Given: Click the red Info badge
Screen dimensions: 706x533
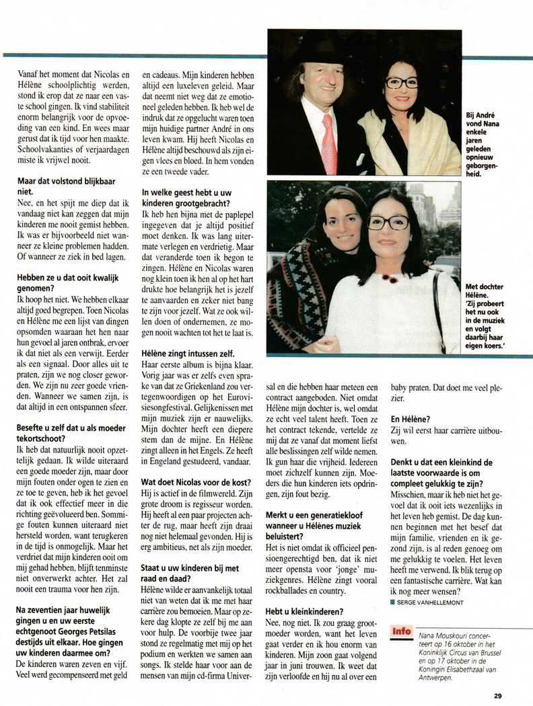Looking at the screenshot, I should pyautogui.click(x=401, y=632).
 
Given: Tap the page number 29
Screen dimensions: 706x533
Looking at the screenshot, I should pyautogui.click(x=497, y=696).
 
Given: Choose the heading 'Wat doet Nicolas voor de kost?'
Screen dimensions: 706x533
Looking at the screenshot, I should pyautogui.click(x=196, y=482).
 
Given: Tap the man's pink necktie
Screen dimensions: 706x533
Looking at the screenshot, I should pyautogui.click(x=329, y=144).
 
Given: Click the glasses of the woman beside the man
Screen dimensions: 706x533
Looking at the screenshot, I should pyautogui.click(x=402, y=83).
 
